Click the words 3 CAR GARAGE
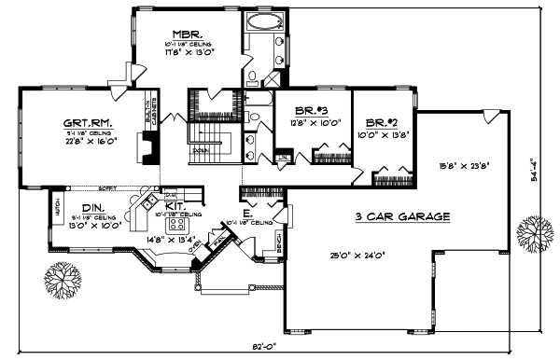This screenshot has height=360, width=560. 403,216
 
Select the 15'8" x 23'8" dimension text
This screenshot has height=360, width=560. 464,168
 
